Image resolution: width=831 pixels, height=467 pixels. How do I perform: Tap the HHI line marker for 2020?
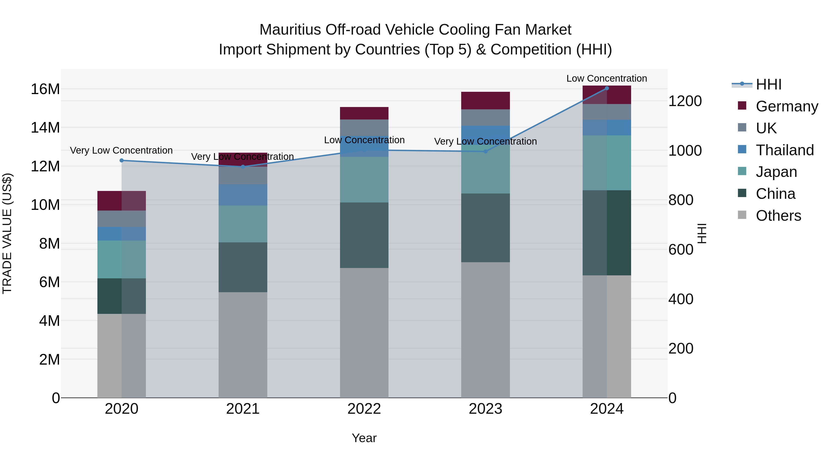coord(122,160)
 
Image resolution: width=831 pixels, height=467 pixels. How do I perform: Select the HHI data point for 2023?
coord(485,151)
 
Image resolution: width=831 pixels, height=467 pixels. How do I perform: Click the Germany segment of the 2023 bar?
coord(485,100)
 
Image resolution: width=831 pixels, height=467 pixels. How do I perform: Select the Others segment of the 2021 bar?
coord(243,345)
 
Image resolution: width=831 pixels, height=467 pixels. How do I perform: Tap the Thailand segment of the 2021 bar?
coord(243,195)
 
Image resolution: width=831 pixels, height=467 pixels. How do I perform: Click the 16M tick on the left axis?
coord(45,89)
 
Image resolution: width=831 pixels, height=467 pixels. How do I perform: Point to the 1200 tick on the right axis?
coord(685,101)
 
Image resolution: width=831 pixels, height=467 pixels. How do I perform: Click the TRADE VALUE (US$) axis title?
coord(7,233)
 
